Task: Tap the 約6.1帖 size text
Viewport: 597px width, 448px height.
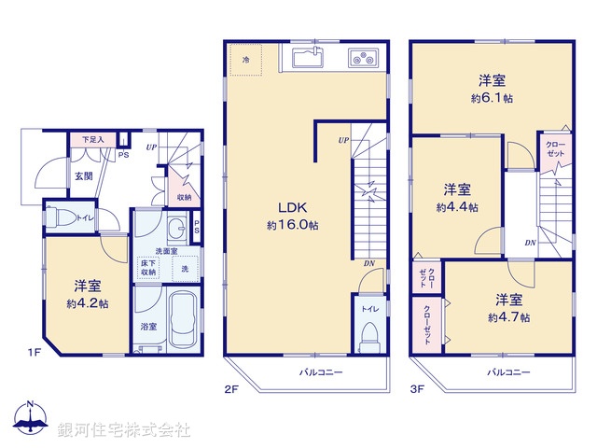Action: point(492,97)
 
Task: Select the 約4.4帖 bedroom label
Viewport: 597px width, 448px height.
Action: point(457,207)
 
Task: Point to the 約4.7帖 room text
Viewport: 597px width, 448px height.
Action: point(508,317)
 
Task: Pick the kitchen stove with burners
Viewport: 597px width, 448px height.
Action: point(363,58)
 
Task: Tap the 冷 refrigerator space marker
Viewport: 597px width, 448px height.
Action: point(247,60)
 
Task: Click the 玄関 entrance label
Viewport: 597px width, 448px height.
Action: point(84,175)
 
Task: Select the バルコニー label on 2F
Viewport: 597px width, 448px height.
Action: point(321,372)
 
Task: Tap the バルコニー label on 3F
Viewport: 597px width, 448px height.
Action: point(507,372)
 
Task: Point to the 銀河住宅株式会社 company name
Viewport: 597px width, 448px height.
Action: point(124,430)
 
